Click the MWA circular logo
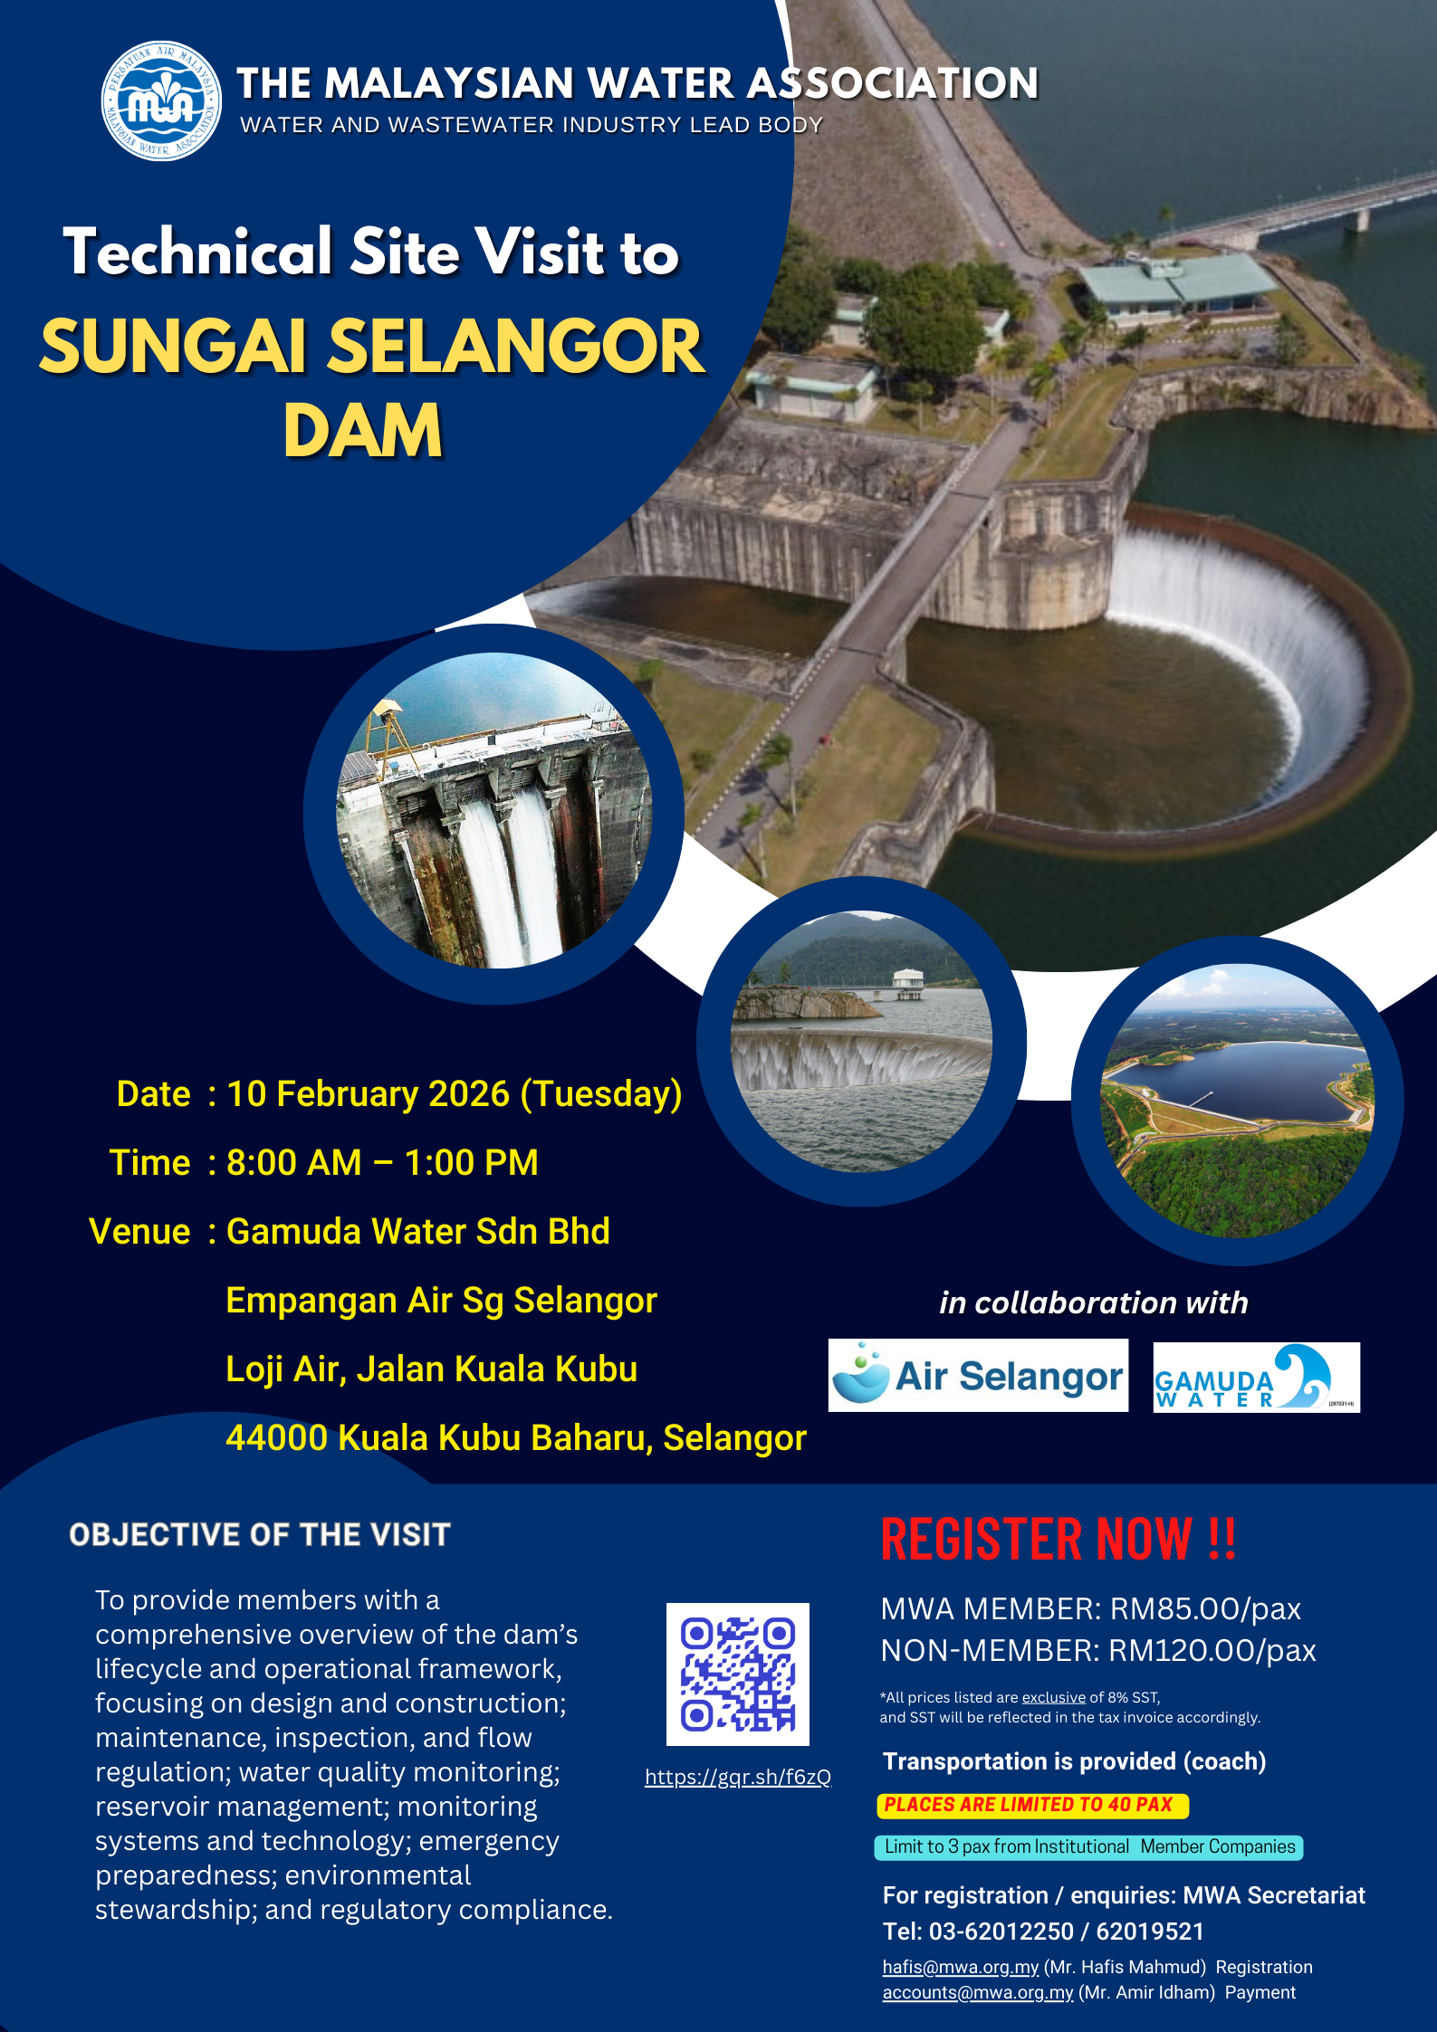[161, 100]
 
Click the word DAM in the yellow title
[363, 431]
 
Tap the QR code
[738, 1674]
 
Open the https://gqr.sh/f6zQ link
[738, 1777]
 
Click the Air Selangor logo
[978, 1376]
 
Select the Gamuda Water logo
[1257, 1378]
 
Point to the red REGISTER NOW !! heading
[1059, 1539]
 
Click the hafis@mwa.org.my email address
[961, 1967]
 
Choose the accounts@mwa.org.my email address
[978, 1992]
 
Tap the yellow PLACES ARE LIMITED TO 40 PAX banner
[1032, 1805]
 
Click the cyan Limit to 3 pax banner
[1088, 1846]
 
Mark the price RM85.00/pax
[1205, 1608]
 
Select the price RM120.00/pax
[1212, 1650]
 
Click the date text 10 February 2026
[369, 1093]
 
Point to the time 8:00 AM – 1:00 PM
[382, 1162]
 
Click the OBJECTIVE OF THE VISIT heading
[260, 1534]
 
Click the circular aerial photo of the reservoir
[1237, 1101]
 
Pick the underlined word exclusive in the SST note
[1054, 1697]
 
